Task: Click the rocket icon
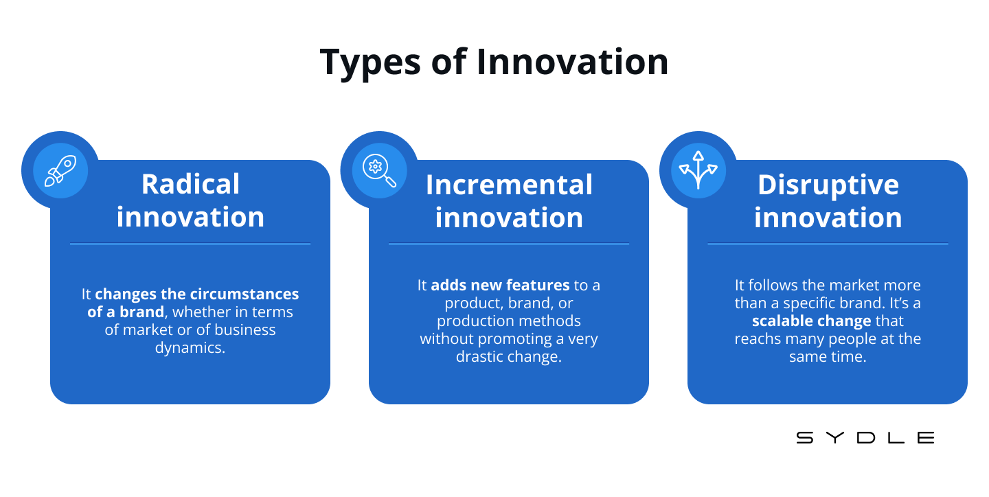pos(60,171)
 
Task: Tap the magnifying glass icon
pos(379,171)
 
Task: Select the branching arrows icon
pos(698,170)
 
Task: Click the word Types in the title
pos(370,62)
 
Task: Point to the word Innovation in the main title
pos(573,62)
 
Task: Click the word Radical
pos(190,184)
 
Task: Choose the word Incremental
pos(509,185)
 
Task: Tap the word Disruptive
pos(828,185)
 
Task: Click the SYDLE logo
pos(865,438)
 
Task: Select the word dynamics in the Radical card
pos(190,348)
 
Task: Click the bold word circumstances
pos(245,294)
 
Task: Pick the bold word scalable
pos(781,321)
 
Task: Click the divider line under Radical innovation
pos(190,244)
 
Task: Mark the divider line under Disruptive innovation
pos(828,244)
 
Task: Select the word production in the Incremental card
pos(473,321)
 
